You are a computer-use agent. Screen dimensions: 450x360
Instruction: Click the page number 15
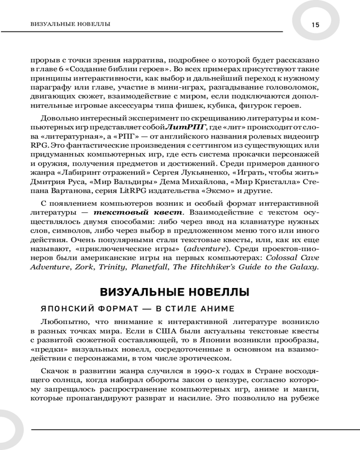click(315, 25)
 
